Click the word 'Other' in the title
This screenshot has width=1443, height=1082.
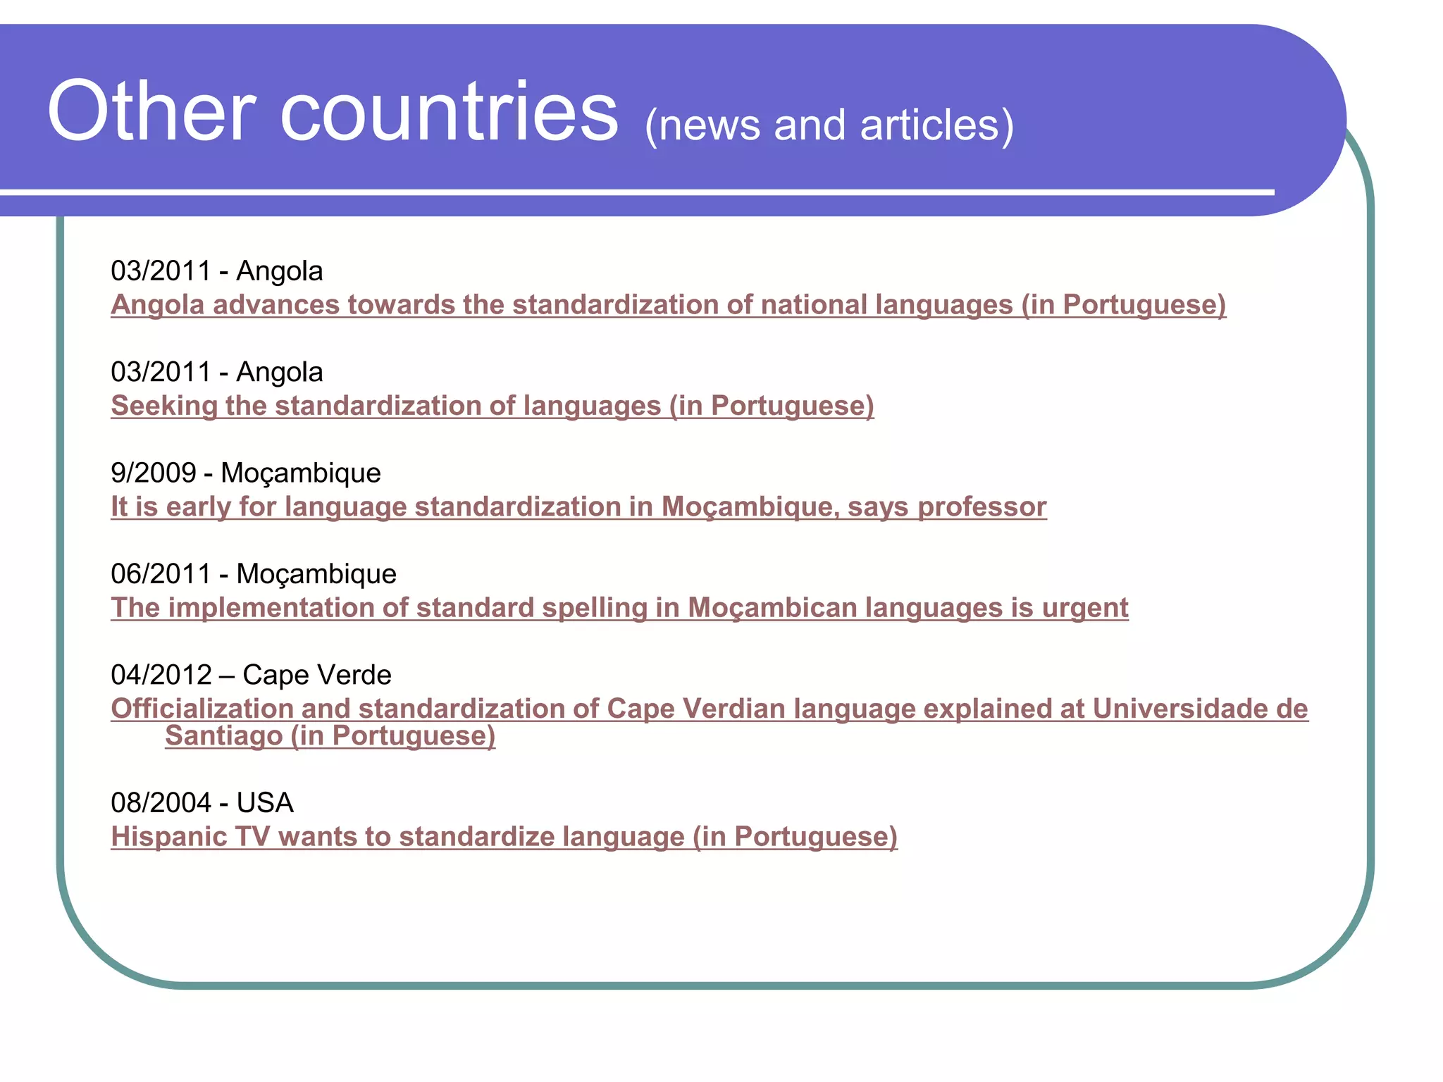tap(151, 113)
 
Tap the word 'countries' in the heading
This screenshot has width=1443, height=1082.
tap(449, 113)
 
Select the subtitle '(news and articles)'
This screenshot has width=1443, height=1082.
tap(829, 125)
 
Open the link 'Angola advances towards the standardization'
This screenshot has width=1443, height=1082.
tap(667, 305)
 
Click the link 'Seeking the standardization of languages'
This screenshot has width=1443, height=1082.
tap(492, 406)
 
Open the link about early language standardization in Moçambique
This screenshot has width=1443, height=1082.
tap(578, 506)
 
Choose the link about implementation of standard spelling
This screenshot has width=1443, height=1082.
tap(619, 608)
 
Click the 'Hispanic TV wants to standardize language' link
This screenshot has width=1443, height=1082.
tap(504, 837)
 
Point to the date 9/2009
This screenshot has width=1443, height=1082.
tap(153, 473)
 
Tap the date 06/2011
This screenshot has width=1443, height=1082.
tap(161, 574)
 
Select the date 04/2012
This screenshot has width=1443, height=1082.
tap(161, 675)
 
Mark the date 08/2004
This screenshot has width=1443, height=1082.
tap(161, 802)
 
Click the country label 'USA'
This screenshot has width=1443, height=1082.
tap(265, 802)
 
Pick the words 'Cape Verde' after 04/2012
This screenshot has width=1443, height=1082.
tap(317, 675)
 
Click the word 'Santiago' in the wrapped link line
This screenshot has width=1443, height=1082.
tap(223, 736)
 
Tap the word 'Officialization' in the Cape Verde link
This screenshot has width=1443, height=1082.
tap(202, 709)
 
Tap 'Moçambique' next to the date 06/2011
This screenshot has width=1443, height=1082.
tap(316, 574)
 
